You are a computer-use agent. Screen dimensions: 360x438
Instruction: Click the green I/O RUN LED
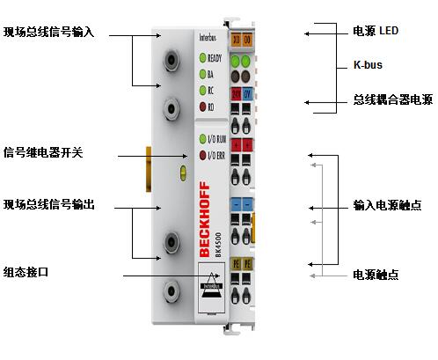[201, 139]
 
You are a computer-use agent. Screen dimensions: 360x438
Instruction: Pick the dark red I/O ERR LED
[201, 155]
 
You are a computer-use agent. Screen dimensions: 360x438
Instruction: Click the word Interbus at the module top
[208, 37]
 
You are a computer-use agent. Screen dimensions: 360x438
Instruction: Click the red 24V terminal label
[237, 92]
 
